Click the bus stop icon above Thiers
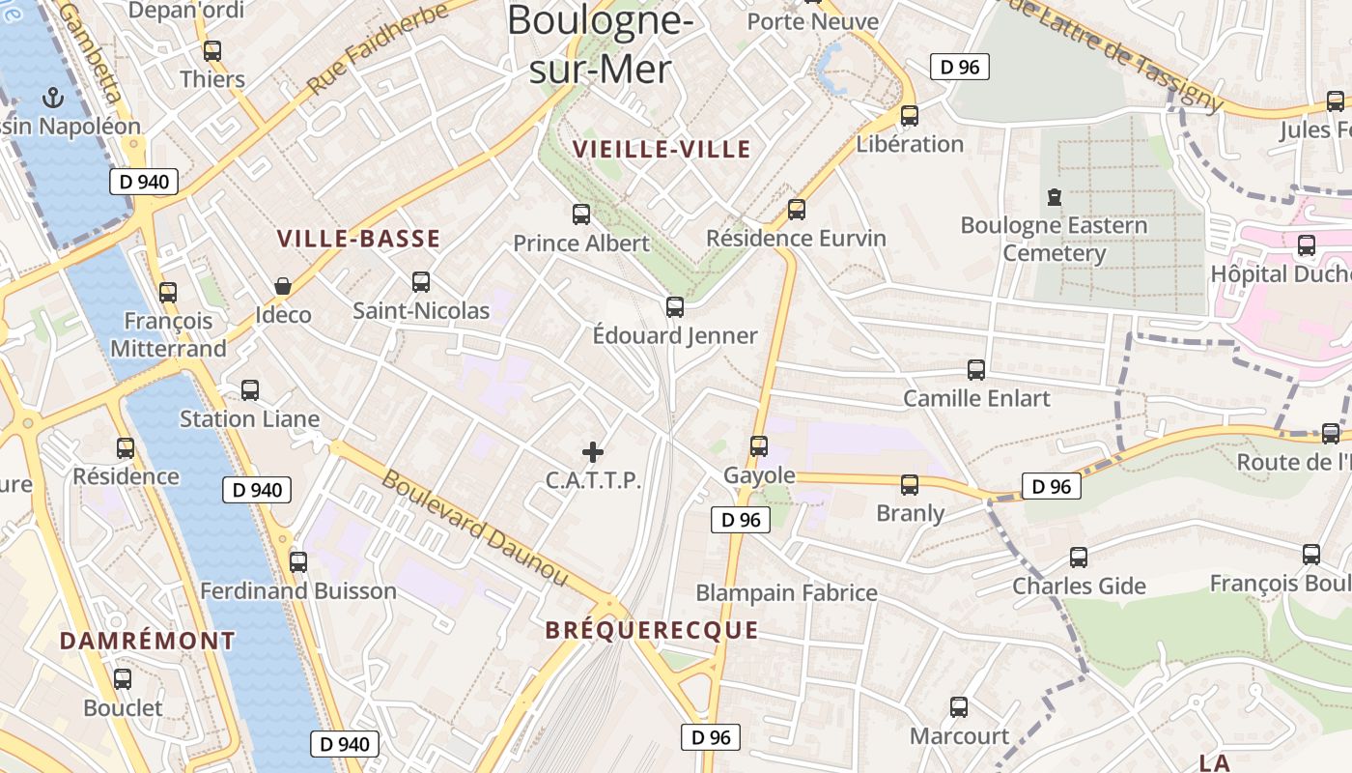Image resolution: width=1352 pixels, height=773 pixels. (x=212, y=51)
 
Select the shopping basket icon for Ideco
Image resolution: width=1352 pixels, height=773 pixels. (x=283, y=286)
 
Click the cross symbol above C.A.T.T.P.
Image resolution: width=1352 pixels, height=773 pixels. (x=593, y=451)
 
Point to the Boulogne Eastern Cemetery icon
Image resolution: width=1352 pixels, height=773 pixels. (x=1055, y=197)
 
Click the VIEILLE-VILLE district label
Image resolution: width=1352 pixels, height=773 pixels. (x=662, y=149)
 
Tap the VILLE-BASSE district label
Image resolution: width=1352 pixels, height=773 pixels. (x=358, y=239)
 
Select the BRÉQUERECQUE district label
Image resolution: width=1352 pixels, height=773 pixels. (x=652, y=631)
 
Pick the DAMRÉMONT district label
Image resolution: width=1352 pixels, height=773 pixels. (x=147, y=641)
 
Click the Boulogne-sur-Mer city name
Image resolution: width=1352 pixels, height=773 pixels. (x=600, y=44)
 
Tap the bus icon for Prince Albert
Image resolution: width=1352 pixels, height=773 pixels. (x=581, y=214)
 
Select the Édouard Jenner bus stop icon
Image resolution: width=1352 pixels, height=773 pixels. (x=675, y=307)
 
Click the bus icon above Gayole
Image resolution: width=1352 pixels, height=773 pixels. (x=759, y=445)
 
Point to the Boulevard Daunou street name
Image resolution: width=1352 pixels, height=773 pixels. (x=474, y=529)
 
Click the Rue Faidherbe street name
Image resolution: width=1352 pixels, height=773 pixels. (x=378, y=48)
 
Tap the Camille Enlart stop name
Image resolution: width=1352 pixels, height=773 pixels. (x=976, y=398)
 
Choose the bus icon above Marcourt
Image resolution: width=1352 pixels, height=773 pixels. (x=959, y=707)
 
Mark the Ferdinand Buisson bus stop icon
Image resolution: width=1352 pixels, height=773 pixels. (x=298, y=561)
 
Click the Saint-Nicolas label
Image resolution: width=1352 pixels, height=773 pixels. (x=421, y=311)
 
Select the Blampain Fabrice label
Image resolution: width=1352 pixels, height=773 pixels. (x=786, y=592)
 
